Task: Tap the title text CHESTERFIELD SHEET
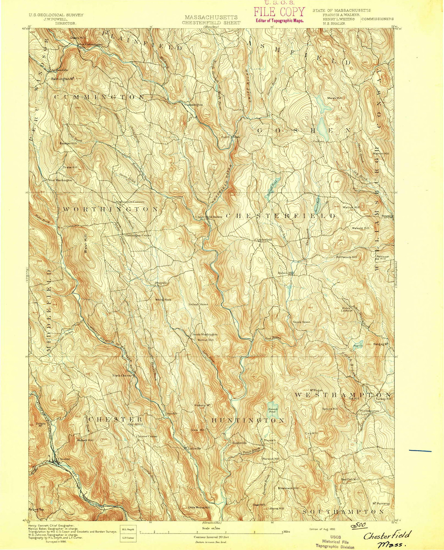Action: click(211, 22)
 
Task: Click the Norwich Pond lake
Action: click(272, 410)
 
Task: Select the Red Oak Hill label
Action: click(350, 479)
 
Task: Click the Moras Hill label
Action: click(335, 98)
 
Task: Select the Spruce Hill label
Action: click(330, 409)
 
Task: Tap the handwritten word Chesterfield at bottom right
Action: click(386, 535)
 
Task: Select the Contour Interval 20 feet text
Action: click(211, 537)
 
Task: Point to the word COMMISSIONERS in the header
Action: click(377, 19)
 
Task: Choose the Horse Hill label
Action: click(276, 508)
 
